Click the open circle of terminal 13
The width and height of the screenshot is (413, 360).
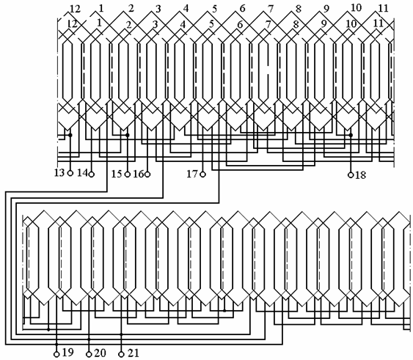pyautogui.click(x=70, y=173)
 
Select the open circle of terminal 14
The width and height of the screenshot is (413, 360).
pyautogui.click(x=92, y=174)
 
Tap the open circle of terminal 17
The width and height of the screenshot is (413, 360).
pyautogui.click(x=202, y=174)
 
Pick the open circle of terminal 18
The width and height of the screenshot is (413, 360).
pyautogui.click(x=351, y=175)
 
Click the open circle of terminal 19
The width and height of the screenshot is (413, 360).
pyautogui.click(x=56, y=354)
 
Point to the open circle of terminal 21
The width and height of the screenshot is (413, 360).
pyautogui.click(x=122, y=354)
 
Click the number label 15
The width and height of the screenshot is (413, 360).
pyautogui.click(x=117, y=174)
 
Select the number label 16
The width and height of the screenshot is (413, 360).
pyautogui.click(x=139, y=174)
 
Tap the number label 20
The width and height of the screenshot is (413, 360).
pyautogui.click(x=100, y=353)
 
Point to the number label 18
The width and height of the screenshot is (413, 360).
pyautogui.click(x=361, y=175)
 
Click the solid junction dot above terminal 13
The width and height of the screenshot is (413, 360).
pyautogui.click(x=70, y=135)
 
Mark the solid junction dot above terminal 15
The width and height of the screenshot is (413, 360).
pyautogui.click(x=128, y=135)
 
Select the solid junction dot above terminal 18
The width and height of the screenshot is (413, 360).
pyautogui.click(x=351, y=135)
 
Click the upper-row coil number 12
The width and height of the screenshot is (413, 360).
pyautogui.click(x=75, y=9)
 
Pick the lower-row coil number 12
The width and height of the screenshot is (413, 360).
pyautogui.click(x=72, y=24)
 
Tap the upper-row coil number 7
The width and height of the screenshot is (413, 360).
pyautogui.click(x=271, y=9)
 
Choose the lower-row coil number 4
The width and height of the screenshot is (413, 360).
pyautogui.click(x=183, y=24)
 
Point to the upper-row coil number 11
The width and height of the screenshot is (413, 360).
pyautogui.click(x=383, y=8)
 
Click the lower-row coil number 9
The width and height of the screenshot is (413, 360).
pyautogui.click(x=324, y=23)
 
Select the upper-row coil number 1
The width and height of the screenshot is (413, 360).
pyautogui.click(x=101, y=9)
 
